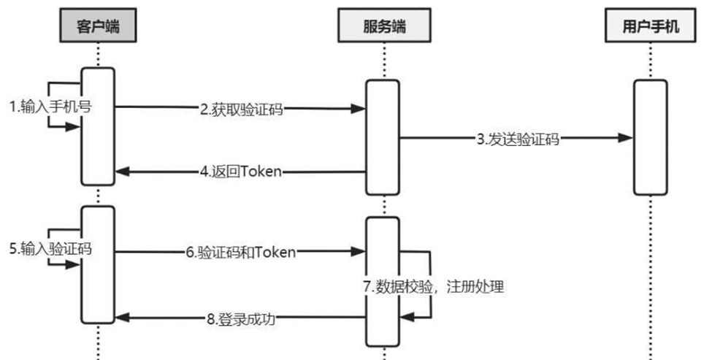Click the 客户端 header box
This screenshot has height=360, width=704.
98,27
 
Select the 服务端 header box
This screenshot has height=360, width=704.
383,27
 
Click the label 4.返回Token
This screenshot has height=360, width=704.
240,172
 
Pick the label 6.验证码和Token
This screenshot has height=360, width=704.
240,253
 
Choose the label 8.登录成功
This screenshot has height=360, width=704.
240,318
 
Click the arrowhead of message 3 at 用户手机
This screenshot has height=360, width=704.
625,137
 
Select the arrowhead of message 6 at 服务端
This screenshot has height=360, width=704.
358,253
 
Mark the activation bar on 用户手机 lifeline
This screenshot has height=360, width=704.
649,137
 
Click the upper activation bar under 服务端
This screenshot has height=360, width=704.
382,137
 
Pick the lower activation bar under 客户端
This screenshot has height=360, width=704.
98,264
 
